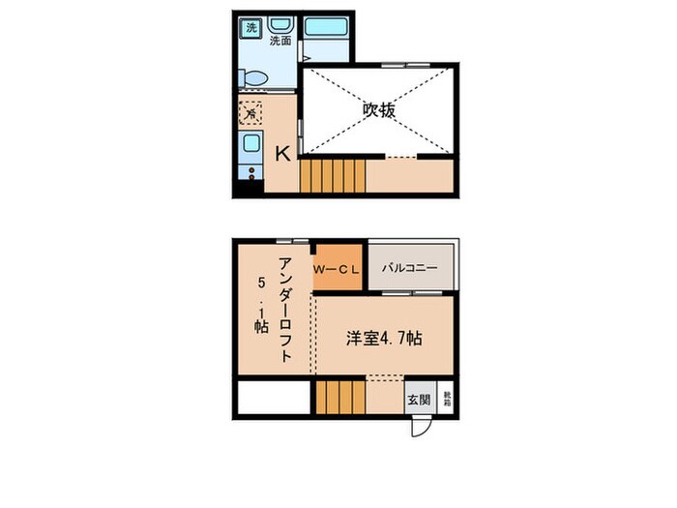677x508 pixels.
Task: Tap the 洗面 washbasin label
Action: coord(280,42)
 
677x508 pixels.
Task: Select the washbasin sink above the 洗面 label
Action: coord(280,24)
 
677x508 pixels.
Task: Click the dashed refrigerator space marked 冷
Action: coord(250,113)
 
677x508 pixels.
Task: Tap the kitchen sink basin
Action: coord(250,146)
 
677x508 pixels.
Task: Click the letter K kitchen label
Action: coord(283,153)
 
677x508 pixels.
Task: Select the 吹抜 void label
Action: coord(379,109)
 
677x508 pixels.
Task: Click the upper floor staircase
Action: coord(333,177)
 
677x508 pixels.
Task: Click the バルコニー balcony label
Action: coord(409,268)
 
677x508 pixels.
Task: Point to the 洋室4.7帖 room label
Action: coord(384,339)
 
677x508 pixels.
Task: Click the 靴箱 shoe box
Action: coord(446,397)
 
